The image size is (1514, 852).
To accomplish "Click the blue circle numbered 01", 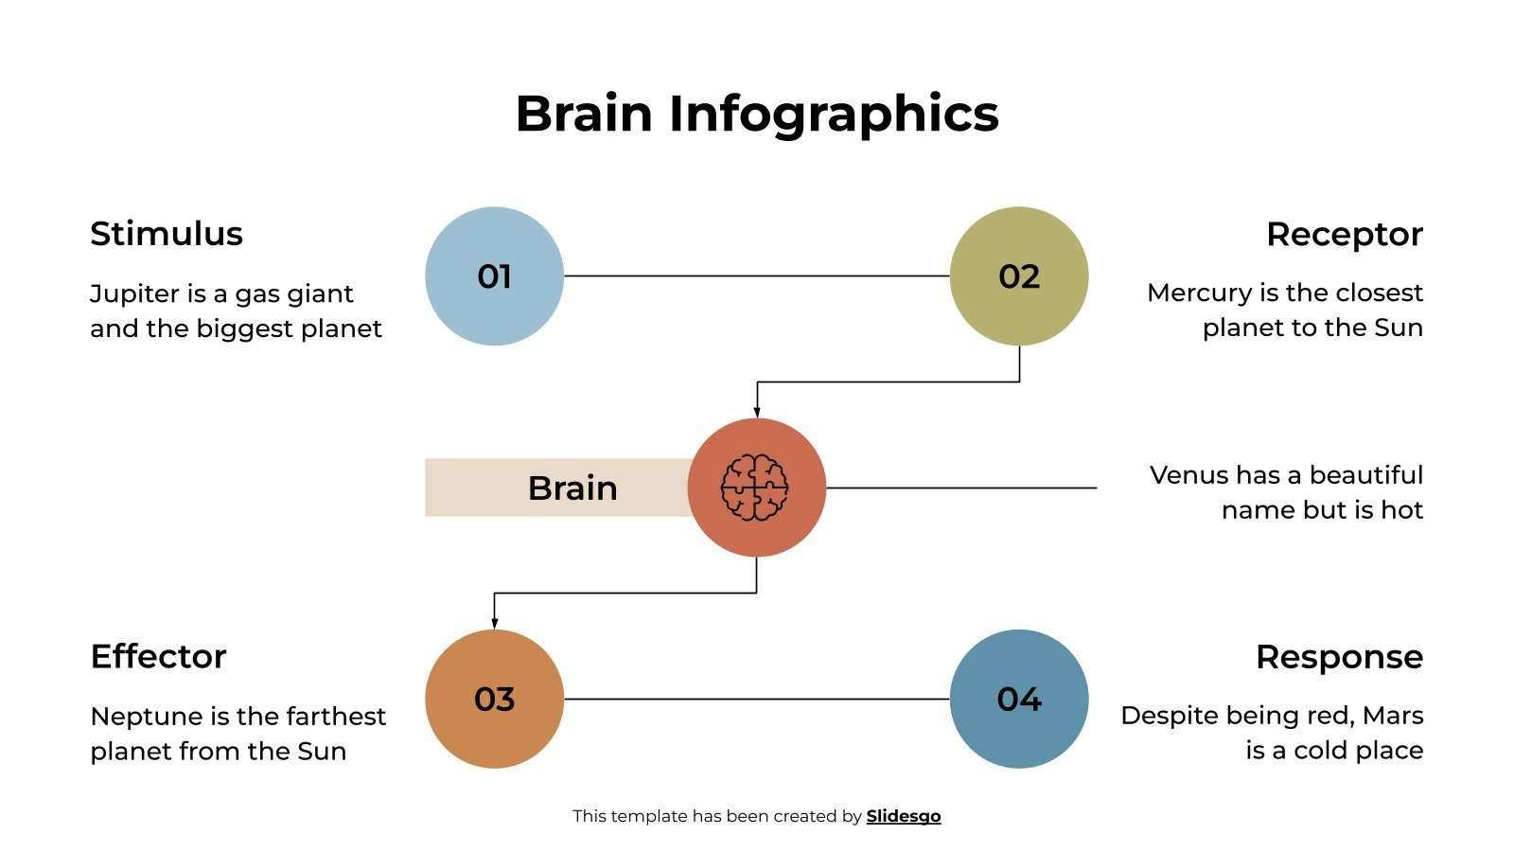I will coord(494,276).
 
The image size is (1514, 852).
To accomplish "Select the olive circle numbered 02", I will coord(1019,276).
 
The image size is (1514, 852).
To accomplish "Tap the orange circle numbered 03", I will coord(494,699).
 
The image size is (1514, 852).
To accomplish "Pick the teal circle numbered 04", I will coord(1019,699).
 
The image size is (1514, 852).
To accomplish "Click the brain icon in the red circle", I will coord(755,488).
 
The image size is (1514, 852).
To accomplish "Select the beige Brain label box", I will coord(558,488).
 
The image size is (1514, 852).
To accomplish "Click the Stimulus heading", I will coord(167,234).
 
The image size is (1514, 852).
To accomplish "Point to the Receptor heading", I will coord(1344,234).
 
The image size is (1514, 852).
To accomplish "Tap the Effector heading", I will coord(158,656).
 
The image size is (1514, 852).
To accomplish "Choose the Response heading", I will coord(1339,656).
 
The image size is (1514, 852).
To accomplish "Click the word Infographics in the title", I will coord(834,114).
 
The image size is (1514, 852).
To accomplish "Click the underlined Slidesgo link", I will coord(903,816).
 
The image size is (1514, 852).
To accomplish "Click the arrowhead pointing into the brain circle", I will coord(756,411).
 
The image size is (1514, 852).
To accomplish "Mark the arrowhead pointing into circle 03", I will coord(494,622).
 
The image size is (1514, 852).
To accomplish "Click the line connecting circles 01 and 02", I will coord(757,276).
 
